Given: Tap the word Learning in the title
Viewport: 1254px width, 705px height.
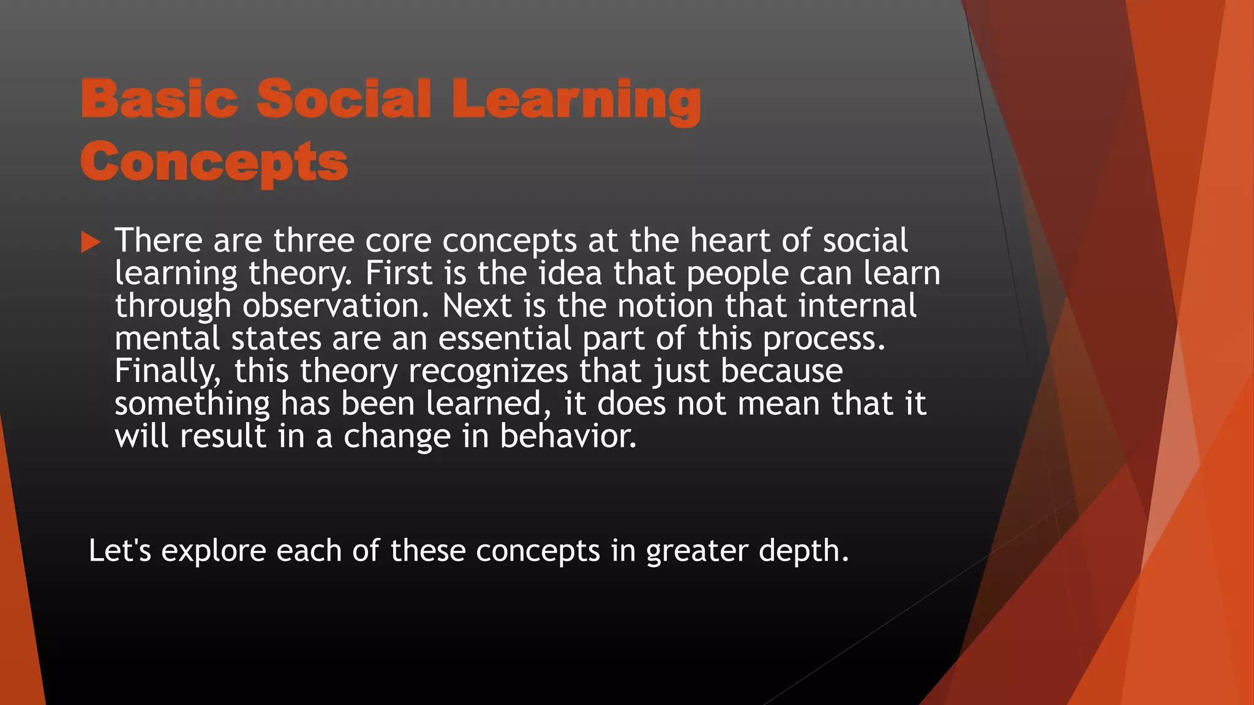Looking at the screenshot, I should click(576, 101).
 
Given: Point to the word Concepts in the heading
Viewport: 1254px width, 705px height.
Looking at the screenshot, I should click(214, 162).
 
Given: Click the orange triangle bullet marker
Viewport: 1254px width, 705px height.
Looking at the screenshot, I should click(90, 242).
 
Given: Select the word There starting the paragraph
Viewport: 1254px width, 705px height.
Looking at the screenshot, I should click(158, 240).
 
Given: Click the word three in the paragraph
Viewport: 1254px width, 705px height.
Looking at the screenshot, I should click(313, 240).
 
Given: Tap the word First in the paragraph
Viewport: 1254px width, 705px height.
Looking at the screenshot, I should click(399, 273).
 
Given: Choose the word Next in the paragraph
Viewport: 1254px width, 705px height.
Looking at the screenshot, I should click(476, 305).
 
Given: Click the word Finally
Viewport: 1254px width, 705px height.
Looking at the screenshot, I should click(167, 371).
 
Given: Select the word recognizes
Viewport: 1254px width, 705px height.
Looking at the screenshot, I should click(488, 371).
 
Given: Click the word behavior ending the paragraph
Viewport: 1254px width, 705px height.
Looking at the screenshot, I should click(568, 436).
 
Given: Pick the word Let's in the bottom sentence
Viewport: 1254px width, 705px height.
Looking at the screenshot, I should click(120, 550).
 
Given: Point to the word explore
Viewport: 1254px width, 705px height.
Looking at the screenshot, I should click(213, 551).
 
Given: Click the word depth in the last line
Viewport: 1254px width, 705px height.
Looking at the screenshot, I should click(803, 550).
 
